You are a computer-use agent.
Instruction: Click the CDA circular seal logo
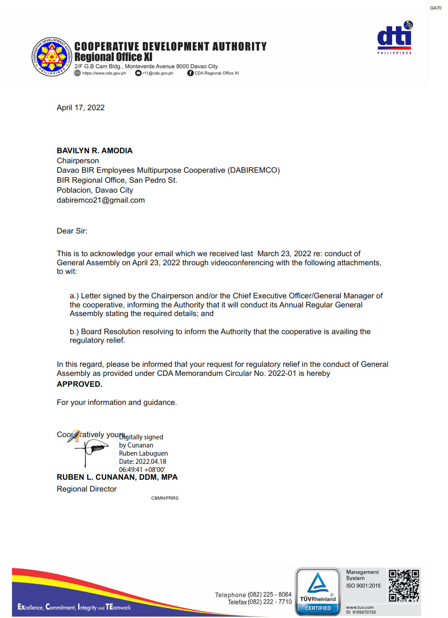(x=52, y=57)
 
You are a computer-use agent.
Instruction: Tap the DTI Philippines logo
(x=394, y=38)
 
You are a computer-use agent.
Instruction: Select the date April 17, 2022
(x=80, y=107)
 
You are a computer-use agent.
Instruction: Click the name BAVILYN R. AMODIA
(x=94, y=151)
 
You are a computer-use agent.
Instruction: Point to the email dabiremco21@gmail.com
(x=100, y=200)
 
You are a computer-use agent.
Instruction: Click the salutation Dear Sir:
(x=72, y=231)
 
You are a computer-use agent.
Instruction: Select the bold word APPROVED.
(x=79, y=384)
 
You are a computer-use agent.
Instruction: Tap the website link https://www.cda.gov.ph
(x=104, y=73)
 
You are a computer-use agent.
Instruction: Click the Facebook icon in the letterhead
(x=190, y=73)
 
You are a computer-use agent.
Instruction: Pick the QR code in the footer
(x=404, y=585)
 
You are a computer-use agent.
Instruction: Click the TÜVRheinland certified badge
(x=318, y=592)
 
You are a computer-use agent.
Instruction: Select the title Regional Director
(x=87, y=489)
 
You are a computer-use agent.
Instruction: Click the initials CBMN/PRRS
(x=165, y=498)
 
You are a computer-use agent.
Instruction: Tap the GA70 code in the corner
(x=435, y=8)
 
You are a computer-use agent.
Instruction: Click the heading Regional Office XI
(x=113, y=57)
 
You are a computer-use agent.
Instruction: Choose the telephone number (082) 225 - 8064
(x=270, y=594)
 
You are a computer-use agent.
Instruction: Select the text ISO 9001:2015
(x=363, y=586)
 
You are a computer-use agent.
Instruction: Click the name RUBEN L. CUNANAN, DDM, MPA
(x=117, y=477)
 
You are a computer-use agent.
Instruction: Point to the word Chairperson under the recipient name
(x=78, y=161)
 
